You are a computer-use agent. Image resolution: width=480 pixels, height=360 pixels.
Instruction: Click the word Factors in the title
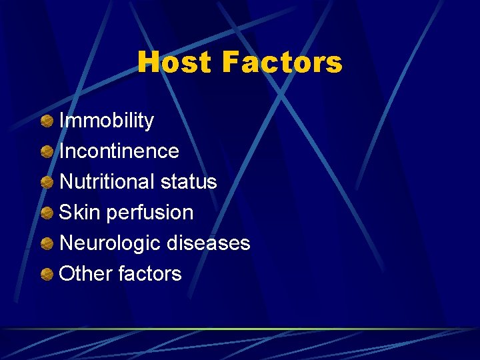pyautogui.click(x=283, y=63)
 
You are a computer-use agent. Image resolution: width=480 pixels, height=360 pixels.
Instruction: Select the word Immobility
pyautogui.click(x=107, y=121)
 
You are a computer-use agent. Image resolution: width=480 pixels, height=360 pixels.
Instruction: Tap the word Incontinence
pyautogui.click(x=119, y=151)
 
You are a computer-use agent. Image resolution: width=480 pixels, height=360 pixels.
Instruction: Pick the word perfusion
pyautogui.click(x=149, y=213)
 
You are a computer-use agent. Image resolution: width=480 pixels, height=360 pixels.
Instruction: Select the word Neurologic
pyautogui.click(x=110, y=243)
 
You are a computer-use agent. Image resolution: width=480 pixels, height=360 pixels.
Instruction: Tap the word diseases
pyautogui.click(x=208, y=243)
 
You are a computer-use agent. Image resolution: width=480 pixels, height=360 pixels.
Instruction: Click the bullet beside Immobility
pyautogui.click(x=47, y=121)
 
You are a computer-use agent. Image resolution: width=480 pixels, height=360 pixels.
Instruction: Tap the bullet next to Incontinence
pyautogui.click(x=47, y=152)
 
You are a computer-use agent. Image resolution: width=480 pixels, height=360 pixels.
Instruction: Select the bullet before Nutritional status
pyautogui.click(x=47, y=183)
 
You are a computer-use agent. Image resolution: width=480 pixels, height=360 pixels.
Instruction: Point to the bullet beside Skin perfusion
pyautogui.click(x=47, y=213)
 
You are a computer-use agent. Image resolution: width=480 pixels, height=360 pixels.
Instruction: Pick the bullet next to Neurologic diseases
pyautogui.click(x=47, y=244)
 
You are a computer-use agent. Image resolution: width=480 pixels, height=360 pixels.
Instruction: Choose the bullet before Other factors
pyautogui.click(x=47, y=274)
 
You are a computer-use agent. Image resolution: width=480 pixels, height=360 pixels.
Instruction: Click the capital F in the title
pyautogui.click(x=230, y=63)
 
